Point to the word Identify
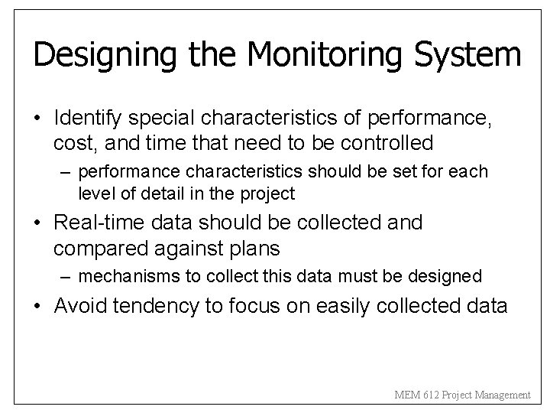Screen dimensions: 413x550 (x=89, y=119)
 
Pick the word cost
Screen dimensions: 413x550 (x=72, y=142)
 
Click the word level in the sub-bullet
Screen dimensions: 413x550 (x=93, y=193)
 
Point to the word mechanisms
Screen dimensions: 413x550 (x=121, y=275)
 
